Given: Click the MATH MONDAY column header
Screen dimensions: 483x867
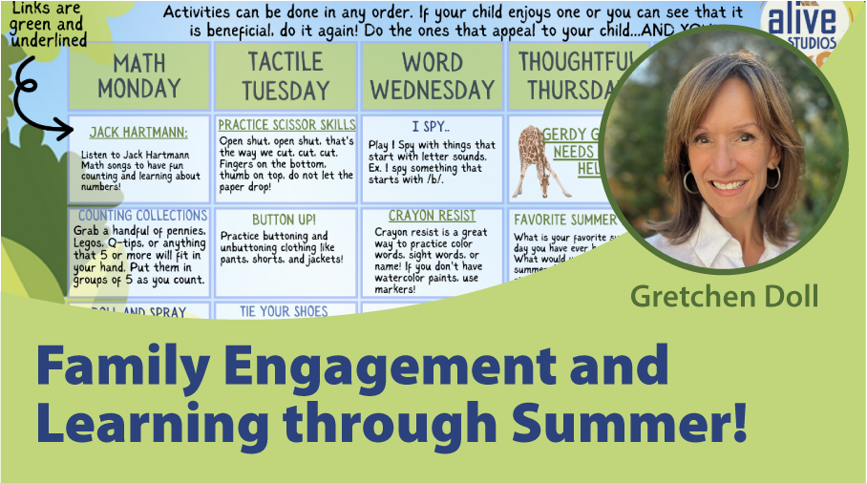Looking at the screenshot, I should tap(139, 76).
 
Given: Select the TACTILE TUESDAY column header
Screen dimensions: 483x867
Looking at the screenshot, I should tap(285, 76).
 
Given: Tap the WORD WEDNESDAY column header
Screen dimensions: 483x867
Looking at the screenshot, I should tap(432, 76).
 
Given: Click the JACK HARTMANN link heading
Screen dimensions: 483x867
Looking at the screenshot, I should tap(139, 133).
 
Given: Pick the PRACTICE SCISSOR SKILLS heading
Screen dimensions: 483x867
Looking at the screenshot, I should tap(286, 125).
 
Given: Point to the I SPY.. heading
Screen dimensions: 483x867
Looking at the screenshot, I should tap(432, 126).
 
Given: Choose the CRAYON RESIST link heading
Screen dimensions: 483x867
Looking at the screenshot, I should tap(432, 217).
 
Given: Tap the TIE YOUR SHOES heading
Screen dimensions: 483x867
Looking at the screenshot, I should tap(285, 311).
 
